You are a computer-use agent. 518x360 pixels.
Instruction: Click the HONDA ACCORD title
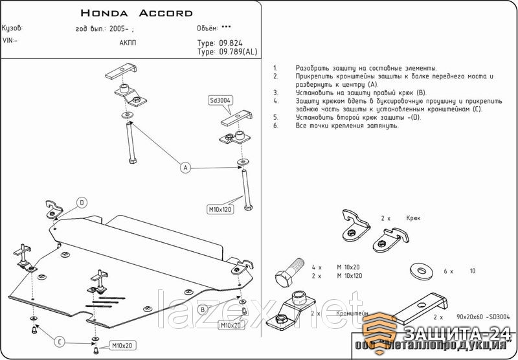(x=137, y=13)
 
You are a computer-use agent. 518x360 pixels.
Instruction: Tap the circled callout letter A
(x=185, y=168)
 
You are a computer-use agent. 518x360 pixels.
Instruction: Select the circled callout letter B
(x=203, y=310)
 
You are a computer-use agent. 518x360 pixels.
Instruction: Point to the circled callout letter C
(x=58, y=341)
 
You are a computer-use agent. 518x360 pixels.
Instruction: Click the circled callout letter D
(x=82, y=203)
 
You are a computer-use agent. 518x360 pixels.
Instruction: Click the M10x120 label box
(x=220, y=209)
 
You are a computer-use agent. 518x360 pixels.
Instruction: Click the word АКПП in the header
(x=128, y=42)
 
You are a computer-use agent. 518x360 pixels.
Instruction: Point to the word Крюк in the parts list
(x=413, y=218)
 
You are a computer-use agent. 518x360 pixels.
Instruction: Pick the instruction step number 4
(x=276, y=101)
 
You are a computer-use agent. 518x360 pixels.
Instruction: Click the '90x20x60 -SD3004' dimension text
(x=482, y=317)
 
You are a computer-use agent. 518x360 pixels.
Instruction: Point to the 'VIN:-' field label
(x=10, y=39)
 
